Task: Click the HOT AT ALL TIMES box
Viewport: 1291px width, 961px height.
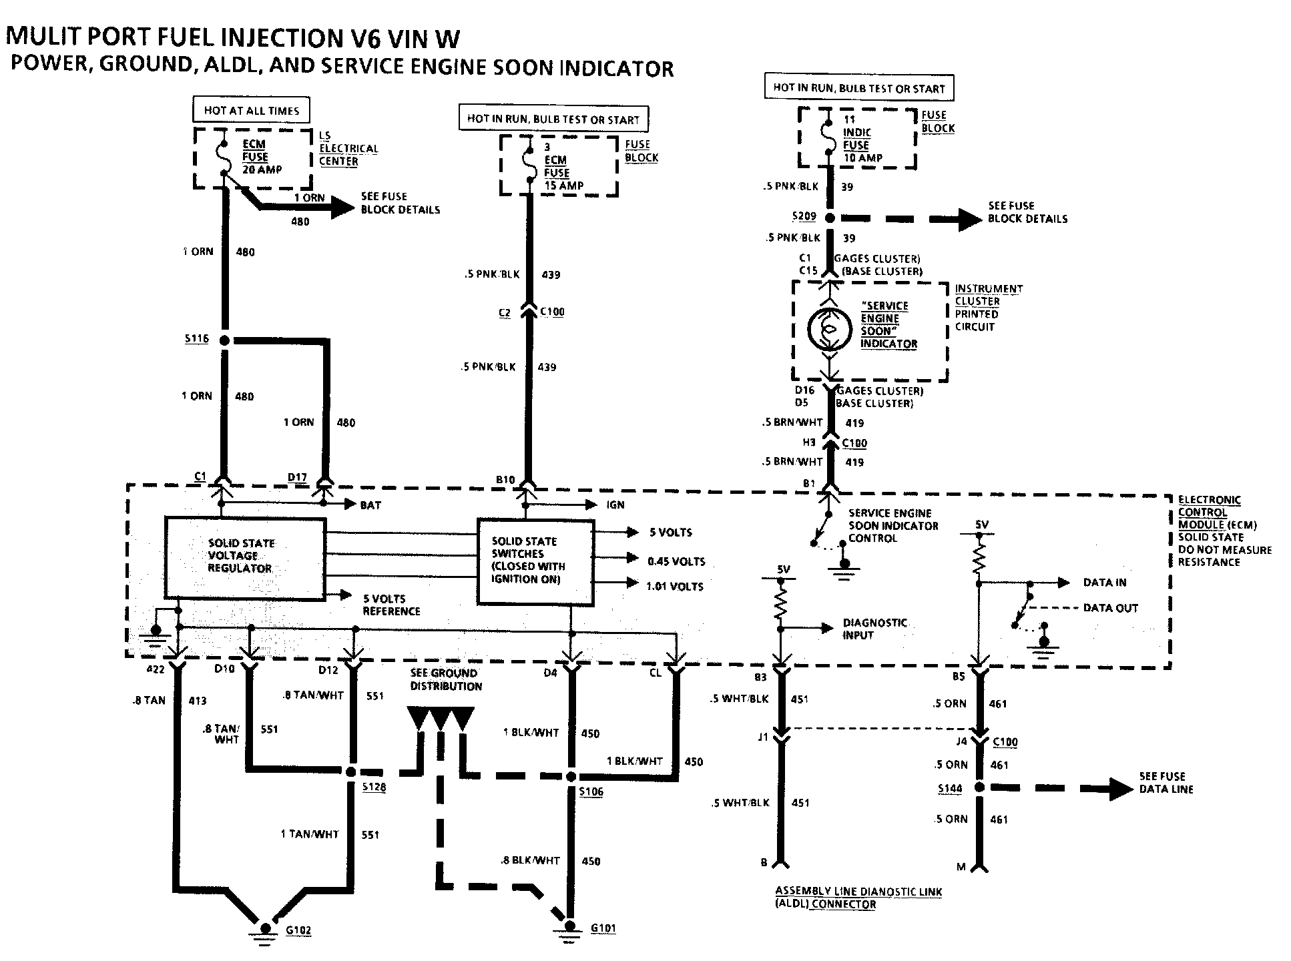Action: click(252, 111)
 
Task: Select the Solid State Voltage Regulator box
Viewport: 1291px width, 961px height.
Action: click(245, 557)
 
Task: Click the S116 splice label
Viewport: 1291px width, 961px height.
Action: click(196, 339)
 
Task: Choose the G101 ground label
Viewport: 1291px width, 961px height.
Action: click(603, 928)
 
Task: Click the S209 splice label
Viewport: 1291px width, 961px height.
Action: click(804, 217)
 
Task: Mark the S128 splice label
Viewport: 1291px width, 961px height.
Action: click(374, 787)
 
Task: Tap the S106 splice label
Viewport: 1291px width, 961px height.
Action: click(591, 791)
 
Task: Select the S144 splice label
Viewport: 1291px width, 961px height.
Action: click(950, 788)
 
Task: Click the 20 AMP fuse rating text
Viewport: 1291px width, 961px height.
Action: click(262, 170)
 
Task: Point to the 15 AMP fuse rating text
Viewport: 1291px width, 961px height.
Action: click(564, 186)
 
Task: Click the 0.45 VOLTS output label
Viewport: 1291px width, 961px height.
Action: click(676, 562)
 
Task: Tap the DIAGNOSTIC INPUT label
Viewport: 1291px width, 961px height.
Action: click(874, 629)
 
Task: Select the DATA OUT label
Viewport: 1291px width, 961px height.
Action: click(1110, 608)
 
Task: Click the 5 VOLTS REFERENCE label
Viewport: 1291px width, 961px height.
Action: click(391, 605)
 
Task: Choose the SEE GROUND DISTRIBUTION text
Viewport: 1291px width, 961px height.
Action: click(445, 679)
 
